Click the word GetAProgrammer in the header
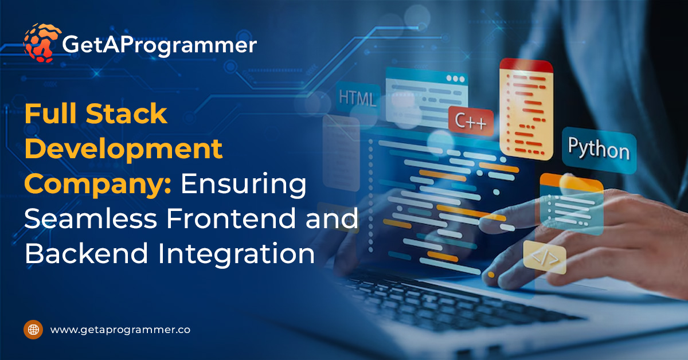point(159,45)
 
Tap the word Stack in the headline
point(127,114)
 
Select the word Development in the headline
point(123,150)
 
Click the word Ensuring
point(244,185)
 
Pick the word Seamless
point(91,218)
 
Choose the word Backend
point(87,253)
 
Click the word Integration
point(236,254)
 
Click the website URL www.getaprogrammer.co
point(120,330)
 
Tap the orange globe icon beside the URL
point(33,330)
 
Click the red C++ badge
point(471,121)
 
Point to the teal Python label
point(599,149)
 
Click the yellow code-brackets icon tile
point(545,257)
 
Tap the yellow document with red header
point(526,109)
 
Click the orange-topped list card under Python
point(572,204)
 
